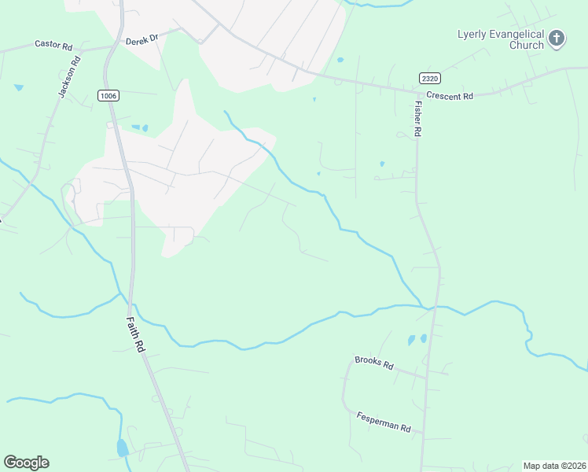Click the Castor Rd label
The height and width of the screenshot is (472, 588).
53,45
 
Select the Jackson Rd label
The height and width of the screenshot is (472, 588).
69,76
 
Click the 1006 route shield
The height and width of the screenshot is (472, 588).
108,95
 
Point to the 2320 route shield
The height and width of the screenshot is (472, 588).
429,78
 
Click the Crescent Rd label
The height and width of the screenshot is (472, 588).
450,96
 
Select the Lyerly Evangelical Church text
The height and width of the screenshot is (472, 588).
501,39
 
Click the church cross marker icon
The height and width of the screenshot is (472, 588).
557,39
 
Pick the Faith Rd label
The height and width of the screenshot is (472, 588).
137,335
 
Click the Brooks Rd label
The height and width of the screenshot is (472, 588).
373,362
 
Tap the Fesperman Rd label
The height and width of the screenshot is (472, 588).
384,422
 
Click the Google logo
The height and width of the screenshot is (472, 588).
26,462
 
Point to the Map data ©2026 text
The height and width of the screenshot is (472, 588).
553,466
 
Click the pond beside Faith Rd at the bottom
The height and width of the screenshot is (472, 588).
122,448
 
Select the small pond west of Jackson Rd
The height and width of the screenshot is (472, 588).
18,87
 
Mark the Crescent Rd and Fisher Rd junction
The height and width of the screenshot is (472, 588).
416,90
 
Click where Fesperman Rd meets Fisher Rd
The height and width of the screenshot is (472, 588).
423,433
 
